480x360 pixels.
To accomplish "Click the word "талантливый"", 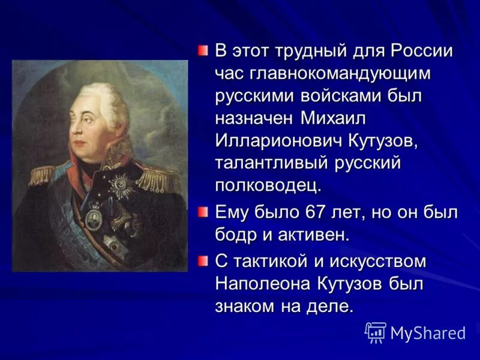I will tap(270, 163).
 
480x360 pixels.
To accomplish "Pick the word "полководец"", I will tap(268, 185).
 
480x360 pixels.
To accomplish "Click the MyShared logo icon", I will tap(376, 332).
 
